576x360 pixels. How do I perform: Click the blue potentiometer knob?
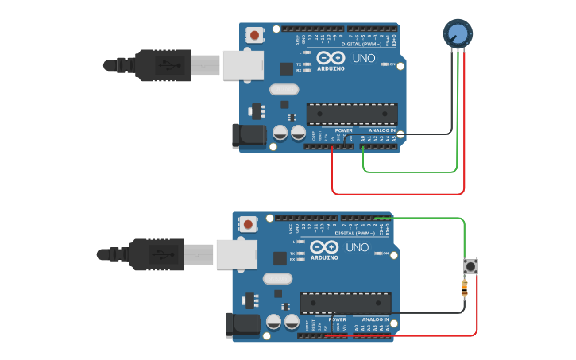(458, 33)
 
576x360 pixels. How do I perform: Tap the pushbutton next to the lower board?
(470, 266)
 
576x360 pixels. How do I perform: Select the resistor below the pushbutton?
(465, 288)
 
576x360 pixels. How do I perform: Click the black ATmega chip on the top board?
(352, 114)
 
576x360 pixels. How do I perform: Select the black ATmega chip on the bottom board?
(345, 303)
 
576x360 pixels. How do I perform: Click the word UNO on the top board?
(364, 58)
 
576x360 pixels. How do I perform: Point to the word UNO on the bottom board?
(358, 247)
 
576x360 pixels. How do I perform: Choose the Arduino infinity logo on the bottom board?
(324, 247)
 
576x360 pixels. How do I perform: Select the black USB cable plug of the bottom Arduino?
(158, 254)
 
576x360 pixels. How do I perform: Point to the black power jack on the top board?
(249, 136)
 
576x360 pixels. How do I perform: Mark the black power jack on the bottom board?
(242, 325)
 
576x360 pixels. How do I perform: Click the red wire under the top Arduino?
(397, 193)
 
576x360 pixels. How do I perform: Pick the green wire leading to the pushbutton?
(429, 218)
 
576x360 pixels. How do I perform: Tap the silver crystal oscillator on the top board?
(284, 90)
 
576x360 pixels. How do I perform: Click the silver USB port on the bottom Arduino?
(236, 254)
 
